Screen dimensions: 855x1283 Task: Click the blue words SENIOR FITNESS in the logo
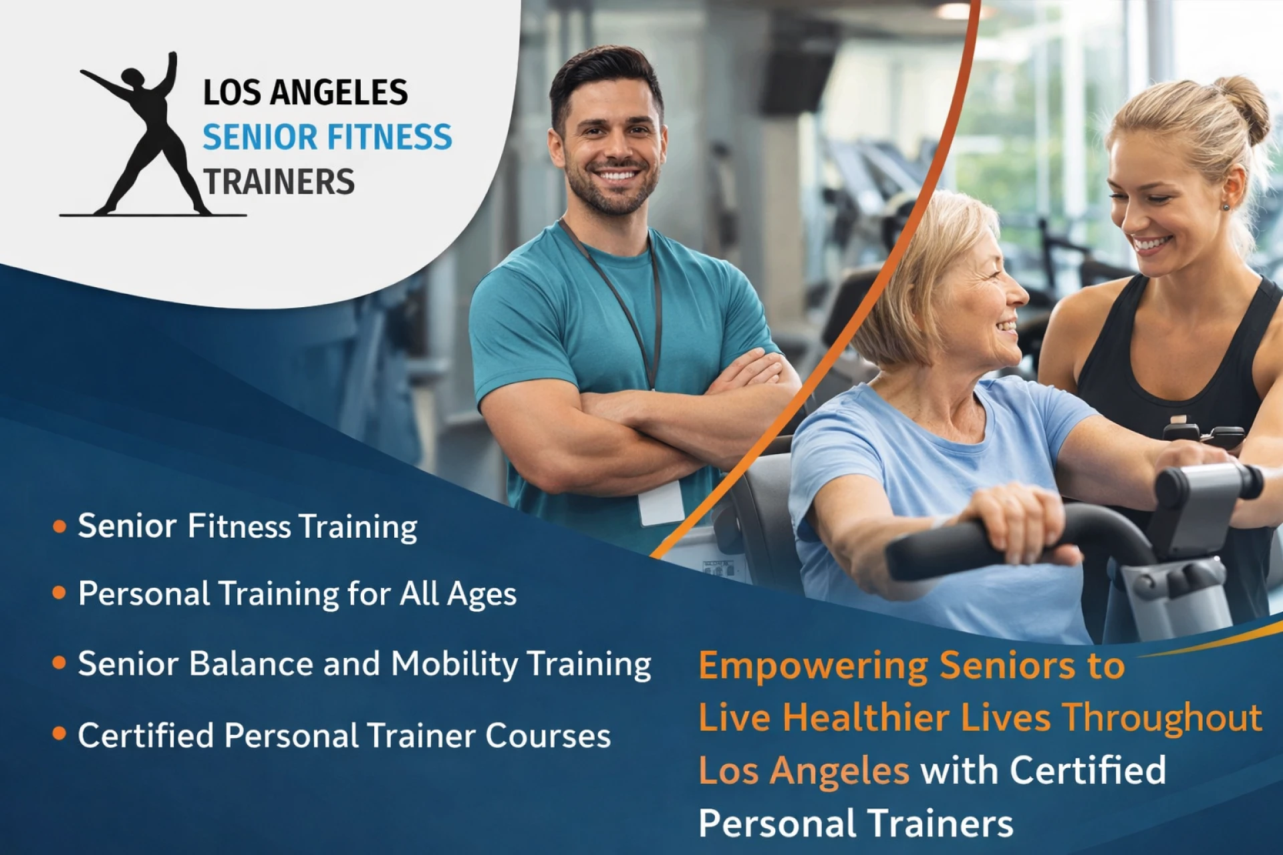[x=327, y=137]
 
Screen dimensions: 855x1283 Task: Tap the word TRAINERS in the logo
[x=279, y=182]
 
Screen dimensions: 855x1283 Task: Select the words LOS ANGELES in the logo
[x=305, y=92]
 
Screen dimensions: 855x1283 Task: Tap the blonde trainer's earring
[x=1226, y=206]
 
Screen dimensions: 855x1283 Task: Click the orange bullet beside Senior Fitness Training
[x=59, y=526]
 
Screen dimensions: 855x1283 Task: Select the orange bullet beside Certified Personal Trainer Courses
[x=59, y=734]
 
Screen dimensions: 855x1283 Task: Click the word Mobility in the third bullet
[x=454, y=664]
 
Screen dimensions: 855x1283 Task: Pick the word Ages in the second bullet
[x=481, y=594]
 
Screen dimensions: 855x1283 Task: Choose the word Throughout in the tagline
[x=1162, y=718]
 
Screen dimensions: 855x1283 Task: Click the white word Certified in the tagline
[x=1088, y=770]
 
